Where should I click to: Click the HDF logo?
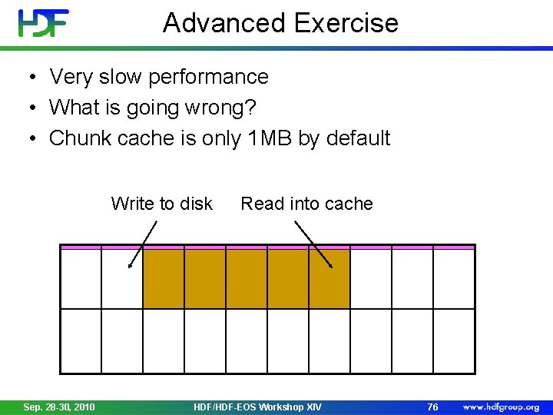44,23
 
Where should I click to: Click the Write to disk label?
161,204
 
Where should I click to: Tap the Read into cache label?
306,204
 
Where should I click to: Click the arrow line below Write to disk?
143,244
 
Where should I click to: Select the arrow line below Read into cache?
313,244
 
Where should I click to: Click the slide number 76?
432,407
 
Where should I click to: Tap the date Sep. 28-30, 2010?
60,407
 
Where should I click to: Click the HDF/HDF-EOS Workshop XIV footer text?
258,407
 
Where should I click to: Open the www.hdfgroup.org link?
500,407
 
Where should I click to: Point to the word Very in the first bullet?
70,77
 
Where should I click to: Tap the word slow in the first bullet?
119,77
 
